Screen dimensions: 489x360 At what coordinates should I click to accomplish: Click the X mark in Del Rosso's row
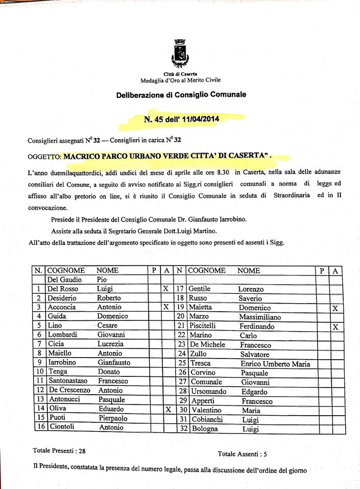tap(165, 289)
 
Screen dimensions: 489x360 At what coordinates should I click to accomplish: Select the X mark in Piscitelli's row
tap(335, 327)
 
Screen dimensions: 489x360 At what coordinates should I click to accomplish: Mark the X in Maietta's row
tap(335, 308)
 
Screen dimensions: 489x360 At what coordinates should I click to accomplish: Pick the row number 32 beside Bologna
tap(180, 429)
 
